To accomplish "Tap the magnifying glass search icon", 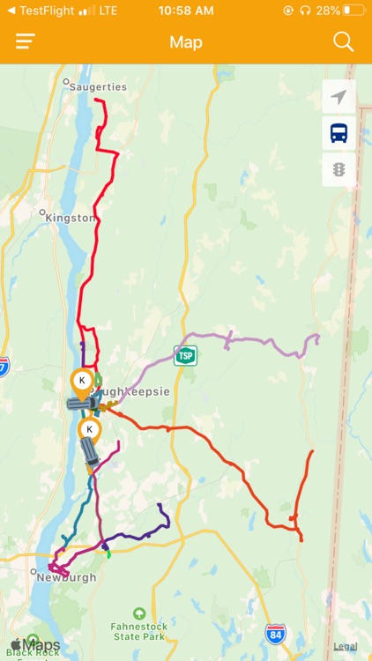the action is tap(343, 41).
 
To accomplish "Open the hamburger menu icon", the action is tap(26, 41).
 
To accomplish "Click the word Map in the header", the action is tap(186, 42).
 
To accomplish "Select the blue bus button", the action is tap(339, 133).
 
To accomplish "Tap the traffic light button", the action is tap(339, 168).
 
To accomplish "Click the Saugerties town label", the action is tap(98, 86).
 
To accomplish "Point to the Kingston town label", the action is tap(70, 217).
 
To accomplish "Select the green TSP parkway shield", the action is tap(185, 356).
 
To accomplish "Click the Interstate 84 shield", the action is tap(275, 633).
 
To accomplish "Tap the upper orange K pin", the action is tap(81, 381).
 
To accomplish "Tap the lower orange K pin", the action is tap(88, 430).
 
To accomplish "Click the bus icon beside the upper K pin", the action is tap(82, 404).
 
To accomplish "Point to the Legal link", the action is tap(346, 646).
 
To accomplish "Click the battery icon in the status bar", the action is tap(353, 11).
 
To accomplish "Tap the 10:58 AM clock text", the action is tap(186, 11).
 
